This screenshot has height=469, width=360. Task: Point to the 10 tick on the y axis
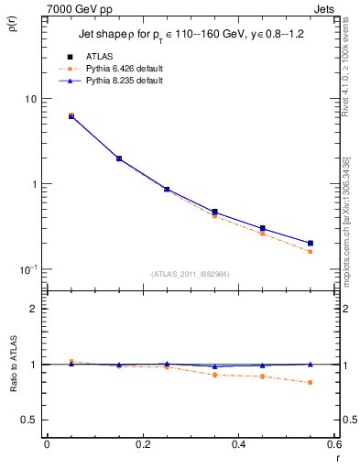coord(30,99)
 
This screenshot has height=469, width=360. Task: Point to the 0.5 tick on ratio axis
coord(29,420)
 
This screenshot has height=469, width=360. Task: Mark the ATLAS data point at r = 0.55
coord(311,244)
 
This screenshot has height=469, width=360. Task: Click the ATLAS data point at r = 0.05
coord(71,116)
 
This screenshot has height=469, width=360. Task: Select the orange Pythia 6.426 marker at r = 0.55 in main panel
coord(311,251)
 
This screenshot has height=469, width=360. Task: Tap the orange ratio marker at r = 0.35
coord(214,375)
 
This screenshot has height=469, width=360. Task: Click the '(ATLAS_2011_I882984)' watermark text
coord(191,273)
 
